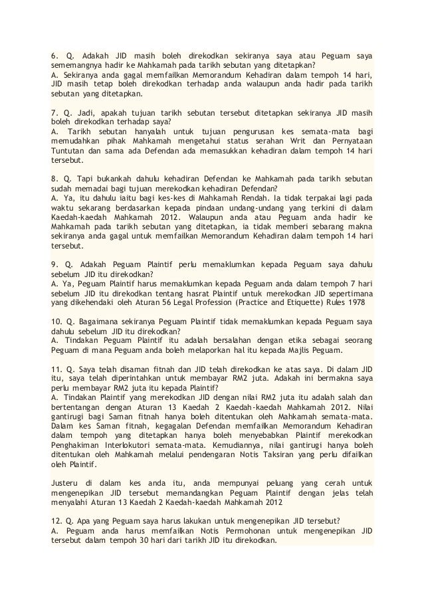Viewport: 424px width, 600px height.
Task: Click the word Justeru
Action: (66, 481)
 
